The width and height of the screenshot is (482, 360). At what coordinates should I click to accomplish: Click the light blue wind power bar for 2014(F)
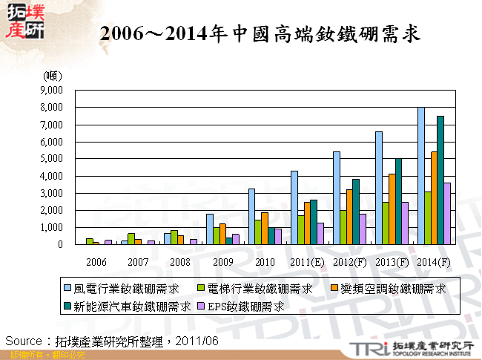coord(421,176)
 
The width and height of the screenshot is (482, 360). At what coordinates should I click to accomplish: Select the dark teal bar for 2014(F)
coord(440,180)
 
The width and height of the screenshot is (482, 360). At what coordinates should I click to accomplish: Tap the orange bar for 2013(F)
coord(391,209)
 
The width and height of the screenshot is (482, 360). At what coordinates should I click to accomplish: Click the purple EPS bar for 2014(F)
coord(447,214)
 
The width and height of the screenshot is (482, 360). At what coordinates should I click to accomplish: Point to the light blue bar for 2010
coord(251,217)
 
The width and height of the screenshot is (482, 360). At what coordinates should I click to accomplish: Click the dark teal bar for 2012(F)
coord(356,212)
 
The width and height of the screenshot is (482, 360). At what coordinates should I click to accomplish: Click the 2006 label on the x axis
coord(96,263)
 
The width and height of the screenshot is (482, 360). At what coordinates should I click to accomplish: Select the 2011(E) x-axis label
coord(306,263)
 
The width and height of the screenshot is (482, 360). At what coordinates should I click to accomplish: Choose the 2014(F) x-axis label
coord(433,263)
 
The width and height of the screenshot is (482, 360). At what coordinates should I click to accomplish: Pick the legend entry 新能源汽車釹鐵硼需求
coord(128,305)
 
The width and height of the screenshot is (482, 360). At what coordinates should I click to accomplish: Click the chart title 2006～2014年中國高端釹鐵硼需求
coord(260,33)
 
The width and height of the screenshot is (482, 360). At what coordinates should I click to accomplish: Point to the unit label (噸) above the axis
coord(53,76)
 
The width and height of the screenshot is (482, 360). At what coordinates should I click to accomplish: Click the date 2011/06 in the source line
coord(199,341)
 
